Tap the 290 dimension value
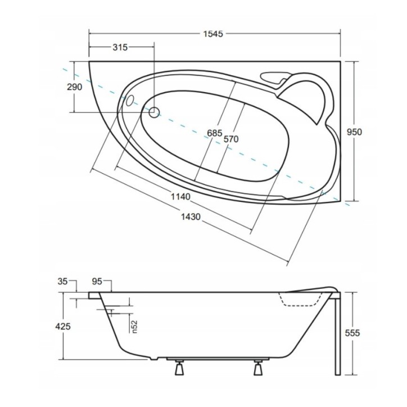coord(75,87)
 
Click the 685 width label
coord(215,133)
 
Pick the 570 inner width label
coord(232,139)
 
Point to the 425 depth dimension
coord(62,326)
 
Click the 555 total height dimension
coord(352,333)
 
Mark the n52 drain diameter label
coord(134,326)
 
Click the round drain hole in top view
coord(153,111)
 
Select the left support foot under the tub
coord(179,369)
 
